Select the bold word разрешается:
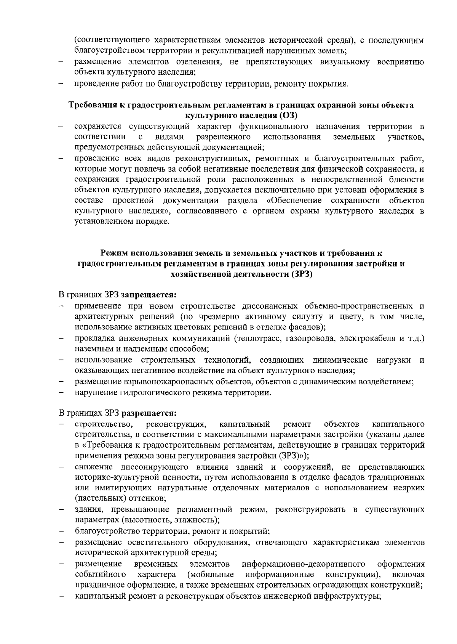click(x=149, y=413)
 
